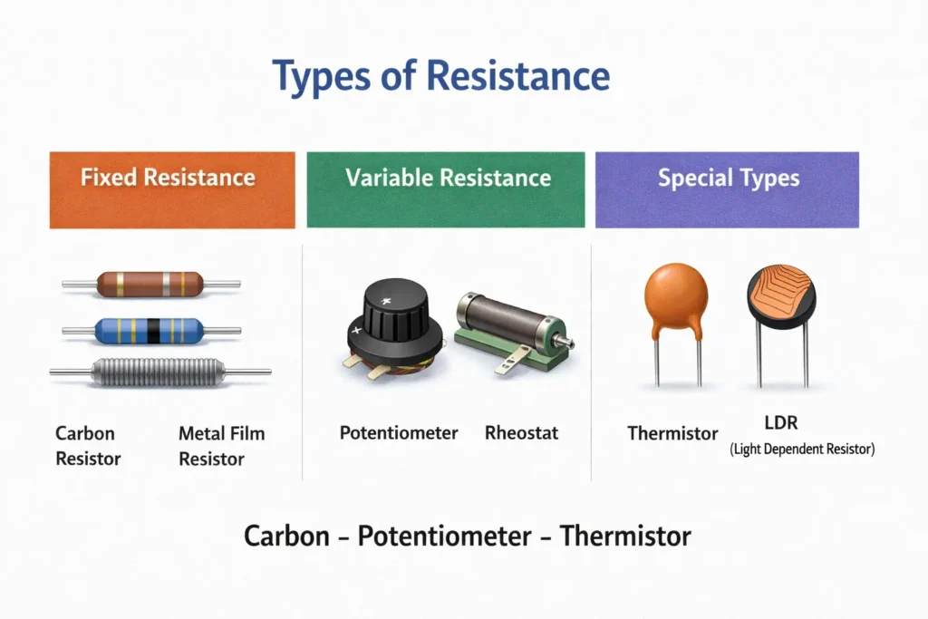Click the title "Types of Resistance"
click(x=441, y=77)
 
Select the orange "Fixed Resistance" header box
click(x=171, y=189)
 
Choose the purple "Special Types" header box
click(x=727, y=189)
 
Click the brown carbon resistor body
click(x=150, y=284)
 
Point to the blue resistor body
click(x=150, y=331)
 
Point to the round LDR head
click(x=781, y=297)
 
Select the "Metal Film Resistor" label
click(x=221, y=446)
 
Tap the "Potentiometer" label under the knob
click(x=399, y=433)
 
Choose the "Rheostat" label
click(x=521, y=433)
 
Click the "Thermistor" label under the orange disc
click(x=672, y=434)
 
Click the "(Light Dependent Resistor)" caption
click(x=802, y=450)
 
